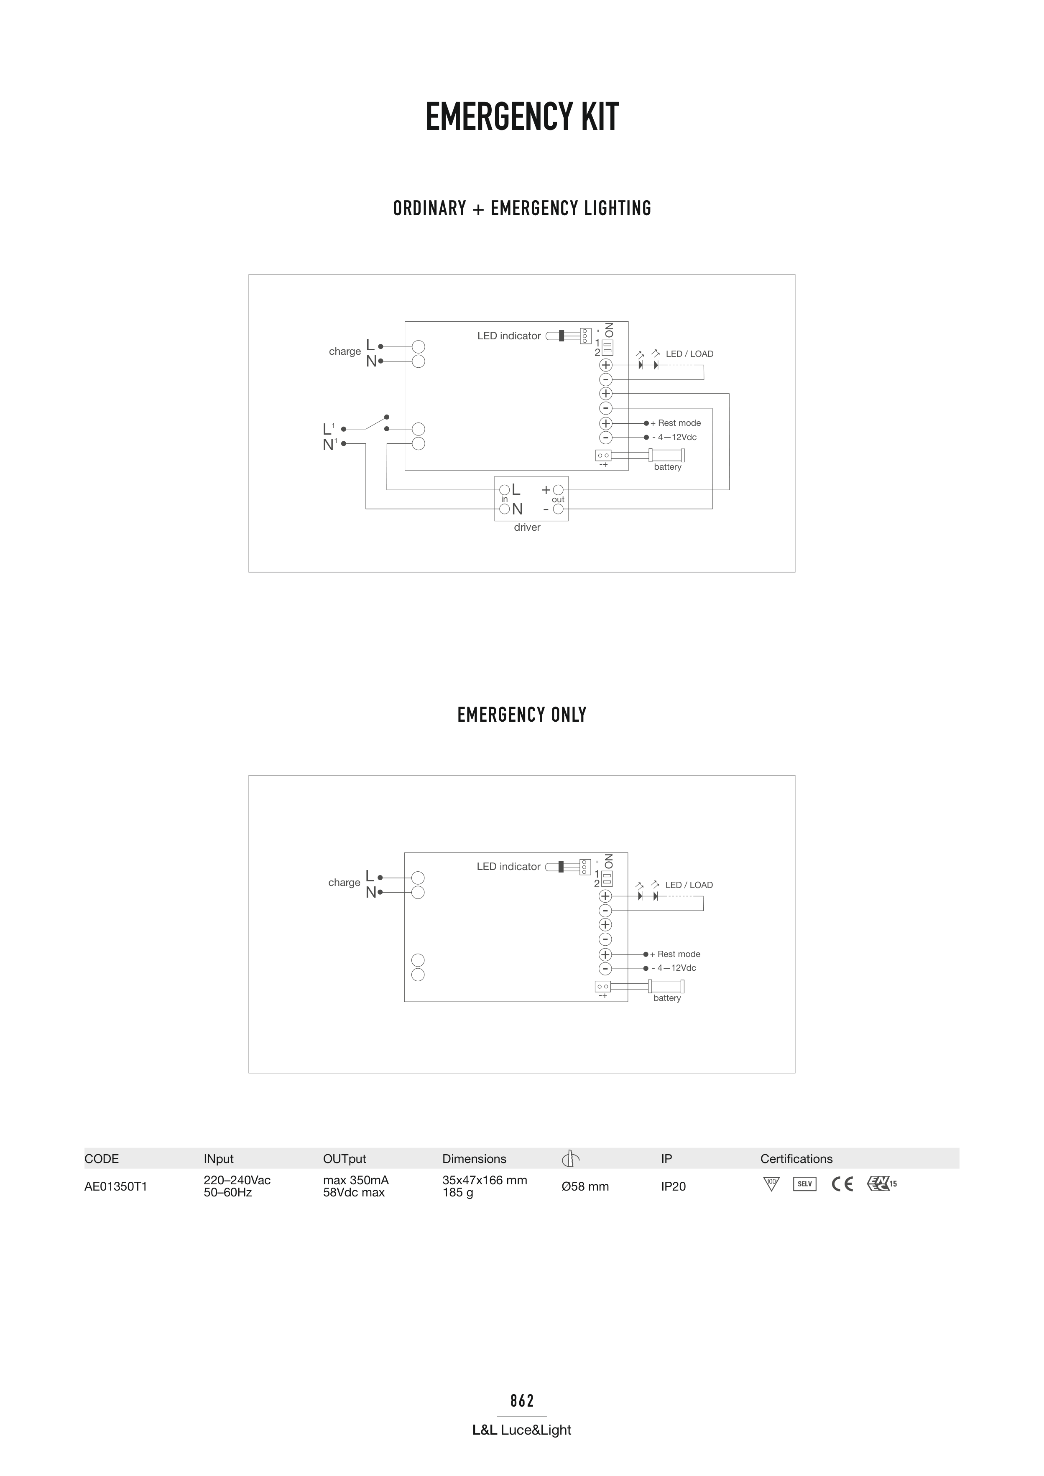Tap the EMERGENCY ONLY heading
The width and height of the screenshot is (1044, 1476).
522,715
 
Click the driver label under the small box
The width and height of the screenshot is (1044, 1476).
527,527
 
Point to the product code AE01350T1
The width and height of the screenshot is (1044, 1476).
116,1186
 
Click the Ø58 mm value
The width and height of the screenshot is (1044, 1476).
585,1186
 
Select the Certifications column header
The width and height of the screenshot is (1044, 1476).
796,1158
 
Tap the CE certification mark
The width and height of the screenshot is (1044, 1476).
842,1183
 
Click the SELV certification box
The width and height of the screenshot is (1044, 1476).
805,1183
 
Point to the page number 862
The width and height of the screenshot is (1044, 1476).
522,1400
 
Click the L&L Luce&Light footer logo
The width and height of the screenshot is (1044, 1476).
522,1430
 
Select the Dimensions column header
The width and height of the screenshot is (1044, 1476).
474,1158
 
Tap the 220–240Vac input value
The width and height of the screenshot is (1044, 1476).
237,1180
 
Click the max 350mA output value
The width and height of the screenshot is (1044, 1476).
356,1180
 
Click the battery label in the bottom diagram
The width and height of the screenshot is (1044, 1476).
667,998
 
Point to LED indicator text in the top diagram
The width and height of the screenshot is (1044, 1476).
509,336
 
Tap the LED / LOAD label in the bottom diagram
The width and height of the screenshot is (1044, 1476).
689,885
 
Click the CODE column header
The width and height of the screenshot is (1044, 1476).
102,1158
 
